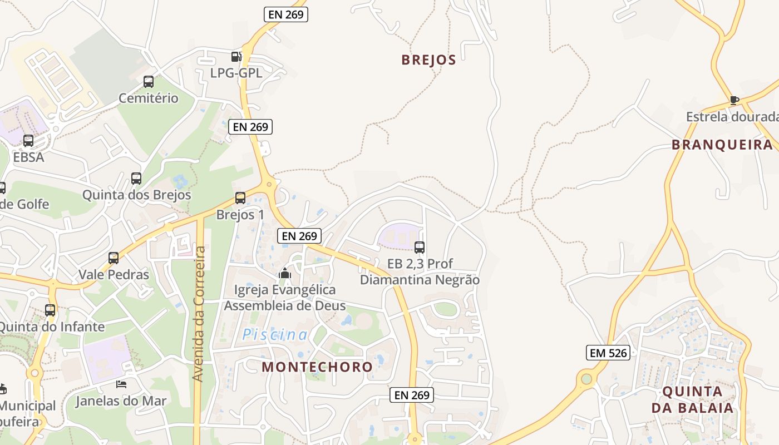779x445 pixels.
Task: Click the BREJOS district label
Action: coord(428,60)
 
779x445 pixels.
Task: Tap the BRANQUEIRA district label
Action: coord(722,145)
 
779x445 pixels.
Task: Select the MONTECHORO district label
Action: coord(317,367)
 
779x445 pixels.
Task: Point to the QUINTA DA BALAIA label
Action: coord(692,399)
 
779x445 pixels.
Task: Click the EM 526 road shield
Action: coord(608,353)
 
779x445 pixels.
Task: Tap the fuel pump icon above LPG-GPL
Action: coord(236,56)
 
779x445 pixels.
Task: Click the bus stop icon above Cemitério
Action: coord(149,82)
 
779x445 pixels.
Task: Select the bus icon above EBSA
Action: coord(28,141)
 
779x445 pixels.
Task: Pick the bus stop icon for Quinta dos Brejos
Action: coord(136,179)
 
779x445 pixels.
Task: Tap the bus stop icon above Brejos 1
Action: coord(240,198)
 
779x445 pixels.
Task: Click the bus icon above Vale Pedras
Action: coord(114,258)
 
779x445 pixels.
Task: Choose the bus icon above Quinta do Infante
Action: coord(50,310)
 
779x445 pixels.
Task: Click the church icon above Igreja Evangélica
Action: coord(285,273)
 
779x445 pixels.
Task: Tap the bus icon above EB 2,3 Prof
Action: coord(420,248)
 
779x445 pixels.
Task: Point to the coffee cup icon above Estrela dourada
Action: coord(734,101)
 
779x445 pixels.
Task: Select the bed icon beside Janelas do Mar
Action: coord(121,384)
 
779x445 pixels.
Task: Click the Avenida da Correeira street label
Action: coord(199,314)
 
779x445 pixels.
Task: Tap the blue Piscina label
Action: coord(275,335)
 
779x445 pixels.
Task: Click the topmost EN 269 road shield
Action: coord(286,14)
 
